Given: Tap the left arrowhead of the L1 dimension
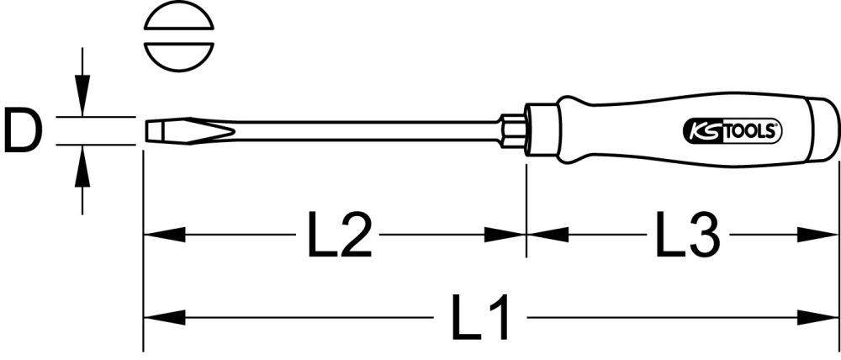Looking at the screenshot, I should click(x=163, y=318).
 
